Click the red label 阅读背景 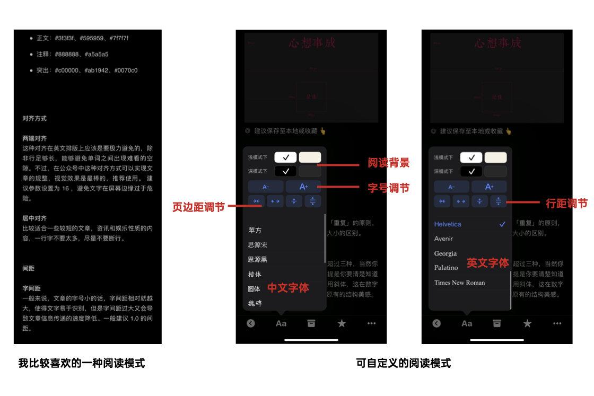[388, 163]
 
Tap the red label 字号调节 [388, 188]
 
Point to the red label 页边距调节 [198, 207]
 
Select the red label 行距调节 [566, 203]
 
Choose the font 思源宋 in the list [258, 245]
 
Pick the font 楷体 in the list [255, 274]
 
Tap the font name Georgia [445, 253]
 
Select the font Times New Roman [459, 283]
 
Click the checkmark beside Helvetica [502, 224]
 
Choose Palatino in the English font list [446, 268]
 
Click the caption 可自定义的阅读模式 [403, 363]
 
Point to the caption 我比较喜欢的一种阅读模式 [82, 363]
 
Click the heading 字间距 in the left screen [31, 288]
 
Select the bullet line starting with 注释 [73, 54]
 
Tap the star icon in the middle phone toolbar [342, 323]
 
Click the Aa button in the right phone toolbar [467, 323]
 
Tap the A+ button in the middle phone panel [304, 187]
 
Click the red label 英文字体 [487, 262]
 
